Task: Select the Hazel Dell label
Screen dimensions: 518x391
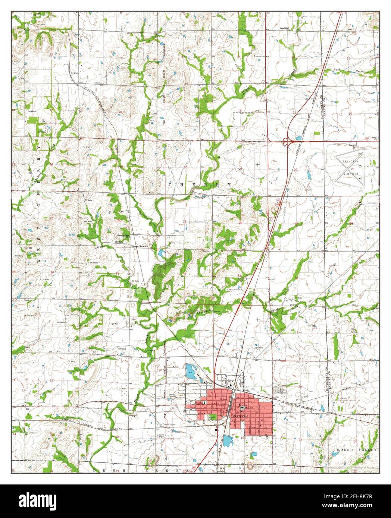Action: pyautogui.click(x=285, y=28)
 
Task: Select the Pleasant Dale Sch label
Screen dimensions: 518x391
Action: pyautogui.click(x=140, y=246)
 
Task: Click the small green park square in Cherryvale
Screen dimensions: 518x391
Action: pyautogui.click(x=213, y=417)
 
